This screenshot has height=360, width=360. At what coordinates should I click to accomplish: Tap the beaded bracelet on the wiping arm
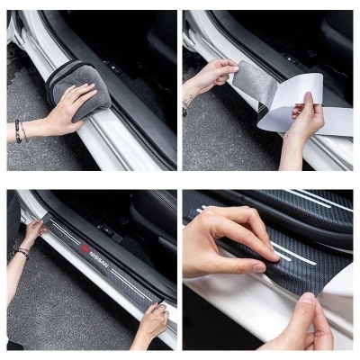click(x=18, y=131)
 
